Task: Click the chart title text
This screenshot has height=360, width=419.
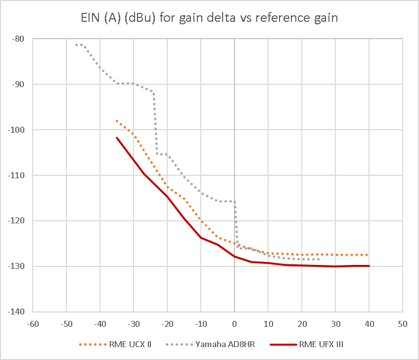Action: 209,20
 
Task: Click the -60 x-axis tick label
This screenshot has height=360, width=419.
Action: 32,323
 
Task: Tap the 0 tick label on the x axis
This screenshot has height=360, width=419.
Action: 234,323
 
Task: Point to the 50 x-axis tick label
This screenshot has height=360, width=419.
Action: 403,323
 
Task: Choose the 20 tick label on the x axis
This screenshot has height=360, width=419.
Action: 302,323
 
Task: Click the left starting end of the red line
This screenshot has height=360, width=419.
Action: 117,138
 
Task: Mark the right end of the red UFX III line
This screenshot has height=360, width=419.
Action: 369,266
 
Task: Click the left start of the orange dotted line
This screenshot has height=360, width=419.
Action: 117,121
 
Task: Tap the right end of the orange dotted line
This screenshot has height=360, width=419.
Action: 369,255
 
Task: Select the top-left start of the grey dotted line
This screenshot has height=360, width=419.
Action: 76,45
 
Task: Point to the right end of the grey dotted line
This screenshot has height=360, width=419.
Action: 319,259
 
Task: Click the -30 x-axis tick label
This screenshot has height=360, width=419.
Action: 133,323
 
